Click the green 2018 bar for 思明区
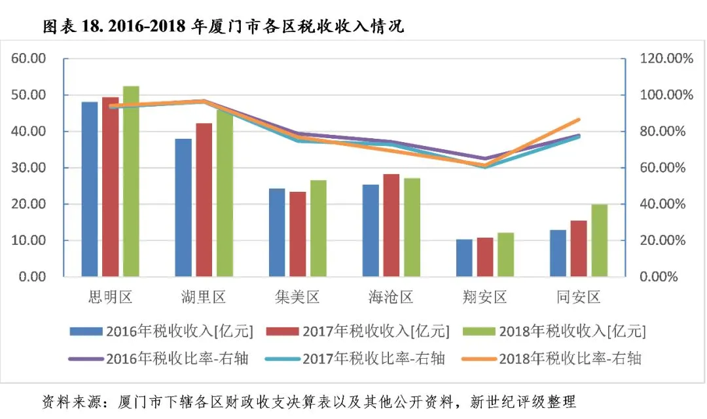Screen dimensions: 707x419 (x=131, y=181)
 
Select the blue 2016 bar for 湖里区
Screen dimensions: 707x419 (x=183, y=208)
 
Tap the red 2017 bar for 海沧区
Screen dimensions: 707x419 (x=391, y=225)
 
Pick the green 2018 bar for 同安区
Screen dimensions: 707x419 (x=600, y=240)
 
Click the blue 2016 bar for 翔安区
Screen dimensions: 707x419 (x=464, y=258)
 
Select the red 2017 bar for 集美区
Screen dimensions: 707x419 (x=298, y=234)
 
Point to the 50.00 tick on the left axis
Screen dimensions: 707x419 (x=29, y=95)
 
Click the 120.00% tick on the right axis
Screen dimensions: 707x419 (x=666, y=59)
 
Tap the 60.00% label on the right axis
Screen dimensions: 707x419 (x=662, y=168)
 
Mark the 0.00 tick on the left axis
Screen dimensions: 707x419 (x=33, y=276)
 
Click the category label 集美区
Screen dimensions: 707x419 (x=298, y=297)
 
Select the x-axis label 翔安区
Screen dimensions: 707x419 (x=484, y=297)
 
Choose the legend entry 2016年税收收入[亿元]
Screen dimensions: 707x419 (x=162, y=331)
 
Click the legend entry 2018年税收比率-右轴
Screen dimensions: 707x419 (x=552, y=359)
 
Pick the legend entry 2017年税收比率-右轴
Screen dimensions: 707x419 (x=355, y=359)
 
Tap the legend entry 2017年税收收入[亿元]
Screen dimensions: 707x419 (x=358, y=331)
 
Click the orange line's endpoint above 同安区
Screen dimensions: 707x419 (x=579, y=120)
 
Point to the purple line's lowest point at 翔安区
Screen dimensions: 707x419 (x=484, y=158)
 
